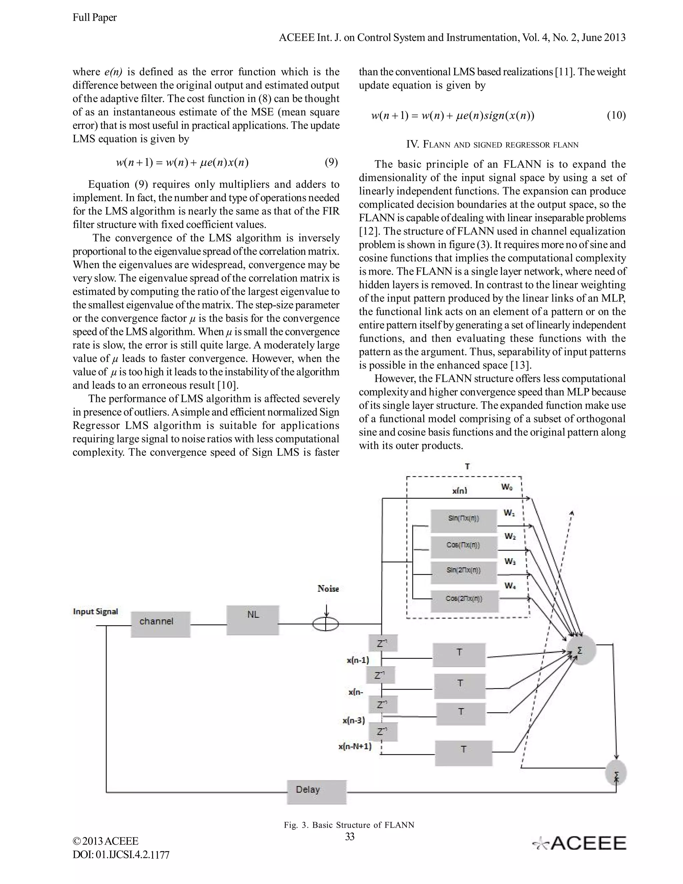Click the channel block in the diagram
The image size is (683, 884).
tap(160, 624)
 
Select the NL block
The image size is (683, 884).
tap(253, 620)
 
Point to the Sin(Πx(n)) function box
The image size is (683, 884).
tap(464, 520)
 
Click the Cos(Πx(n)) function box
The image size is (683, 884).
tap(463, 546)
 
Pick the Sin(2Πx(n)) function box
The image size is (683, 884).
tap(464, 572)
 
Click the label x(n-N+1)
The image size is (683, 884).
tap(355, 746)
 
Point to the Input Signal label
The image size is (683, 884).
tap(95, 611)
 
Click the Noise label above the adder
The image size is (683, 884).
tap(328, 588)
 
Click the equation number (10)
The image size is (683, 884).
tap(616, 116)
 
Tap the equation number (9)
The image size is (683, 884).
tap(331, 163)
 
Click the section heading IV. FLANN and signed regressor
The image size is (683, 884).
tap(492, 144)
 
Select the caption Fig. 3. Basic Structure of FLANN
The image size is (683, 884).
tap(349, 825)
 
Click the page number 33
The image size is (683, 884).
tap(350, 836)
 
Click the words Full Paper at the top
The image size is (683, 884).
tap(95, 17)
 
